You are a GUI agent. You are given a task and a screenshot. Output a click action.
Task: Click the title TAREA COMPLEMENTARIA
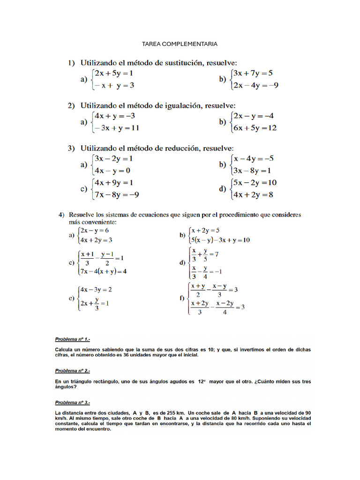tap(180, 44)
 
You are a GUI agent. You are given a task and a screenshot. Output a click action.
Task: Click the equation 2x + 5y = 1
tap(114, 73)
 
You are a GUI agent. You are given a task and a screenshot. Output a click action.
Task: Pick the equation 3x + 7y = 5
tap(253, 73)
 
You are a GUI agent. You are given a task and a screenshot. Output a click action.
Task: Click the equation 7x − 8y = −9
tap(117, 194)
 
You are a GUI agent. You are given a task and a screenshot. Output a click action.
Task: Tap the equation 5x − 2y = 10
tap(255, 182)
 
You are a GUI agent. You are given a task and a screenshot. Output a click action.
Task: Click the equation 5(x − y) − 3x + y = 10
tap(220, 240)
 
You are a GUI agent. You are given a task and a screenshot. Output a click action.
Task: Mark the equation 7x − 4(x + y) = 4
tap(104, 271)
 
